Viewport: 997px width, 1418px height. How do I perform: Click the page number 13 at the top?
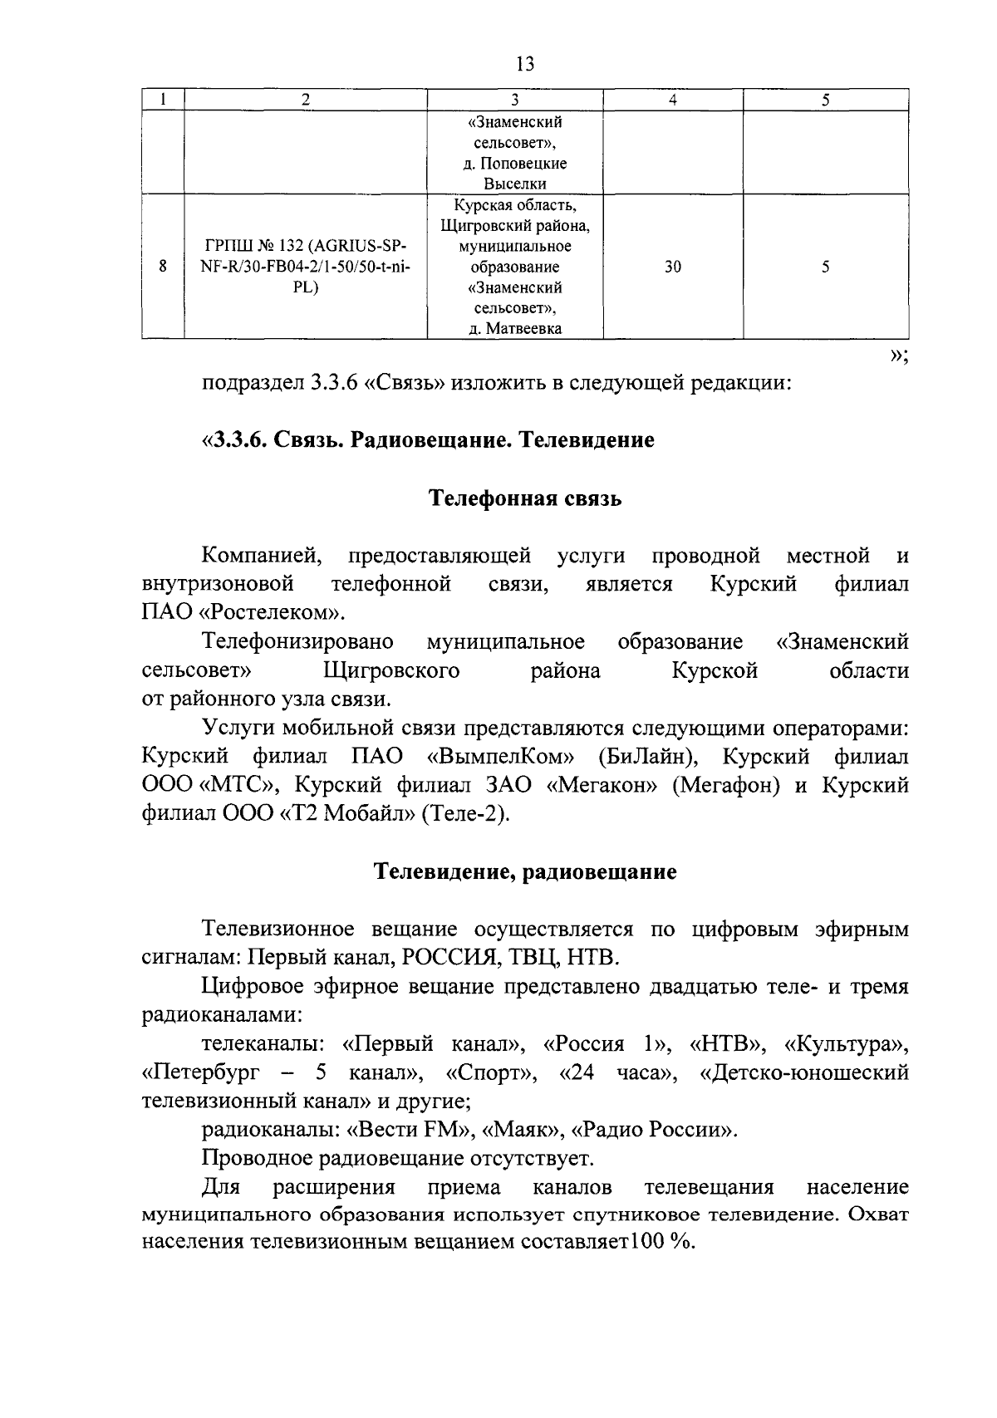pyautogui.click(x=524, y=64)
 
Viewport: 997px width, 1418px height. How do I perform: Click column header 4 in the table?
pyautogui.click(x=672, y=100)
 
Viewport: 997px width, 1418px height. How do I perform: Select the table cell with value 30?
pyautogui.click(x=672, y=267)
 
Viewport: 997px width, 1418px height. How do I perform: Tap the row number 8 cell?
pyautogui.click(x=163, y=267)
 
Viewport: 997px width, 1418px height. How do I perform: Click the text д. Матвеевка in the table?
pyautogui.click(x=514, y=329)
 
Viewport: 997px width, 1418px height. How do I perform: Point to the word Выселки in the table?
pyautogui.click(x=514, y=184)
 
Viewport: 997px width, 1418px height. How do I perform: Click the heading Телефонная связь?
pyautogui.click(x=524, y=498)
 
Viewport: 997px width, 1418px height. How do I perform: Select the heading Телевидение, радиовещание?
pyautogui.click(x=524, y=872)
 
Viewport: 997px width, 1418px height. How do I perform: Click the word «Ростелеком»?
pyautogui.click(x=272, y=613)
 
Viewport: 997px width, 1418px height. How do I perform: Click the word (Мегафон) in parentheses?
pyautogui.click(x=725, y=785)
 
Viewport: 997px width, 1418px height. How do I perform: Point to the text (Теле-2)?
pyautogui.click(x=464, y=813)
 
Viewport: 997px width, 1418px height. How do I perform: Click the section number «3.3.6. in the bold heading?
pyautogui.click(x=235, y=440)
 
